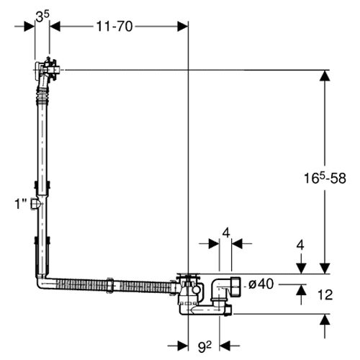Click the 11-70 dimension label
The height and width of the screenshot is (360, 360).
click(x=114, y=26)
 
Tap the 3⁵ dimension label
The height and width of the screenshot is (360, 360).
click(x=42, y=17)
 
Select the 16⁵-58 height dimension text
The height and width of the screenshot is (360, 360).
click(x=325, y=178)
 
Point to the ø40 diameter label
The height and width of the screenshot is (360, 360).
click(x=261, y=284)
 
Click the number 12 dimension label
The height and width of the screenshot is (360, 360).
click(x=325, y=294)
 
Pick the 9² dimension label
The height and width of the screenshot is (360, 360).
click(x=204, y=347)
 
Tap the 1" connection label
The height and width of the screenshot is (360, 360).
click(x=20, y=204)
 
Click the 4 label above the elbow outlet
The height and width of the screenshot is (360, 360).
click(x=226, y=233)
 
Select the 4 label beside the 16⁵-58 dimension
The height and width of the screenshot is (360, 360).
click(x=300, y=246)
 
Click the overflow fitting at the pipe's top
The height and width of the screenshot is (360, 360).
click(x=47, y=70)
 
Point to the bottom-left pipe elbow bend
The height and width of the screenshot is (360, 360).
click(x=42, y=282)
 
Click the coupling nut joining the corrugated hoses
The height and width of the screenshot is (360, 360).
click(x=110, y=285)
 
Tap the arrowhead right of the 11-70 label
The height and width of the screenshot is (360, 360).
click(x=182, y=26)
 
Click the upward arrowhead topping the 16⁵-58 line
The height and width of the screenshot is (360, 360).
click(x=325, y=76)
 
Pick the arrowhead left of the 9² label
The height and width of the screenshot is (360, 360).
click(x=183, y=346)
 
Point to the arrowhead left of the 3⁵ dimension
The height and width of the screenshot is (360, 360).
click(x=30, y=26)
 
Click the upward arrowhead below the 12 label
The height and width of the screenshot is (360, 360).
click(x=325, y=319)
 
